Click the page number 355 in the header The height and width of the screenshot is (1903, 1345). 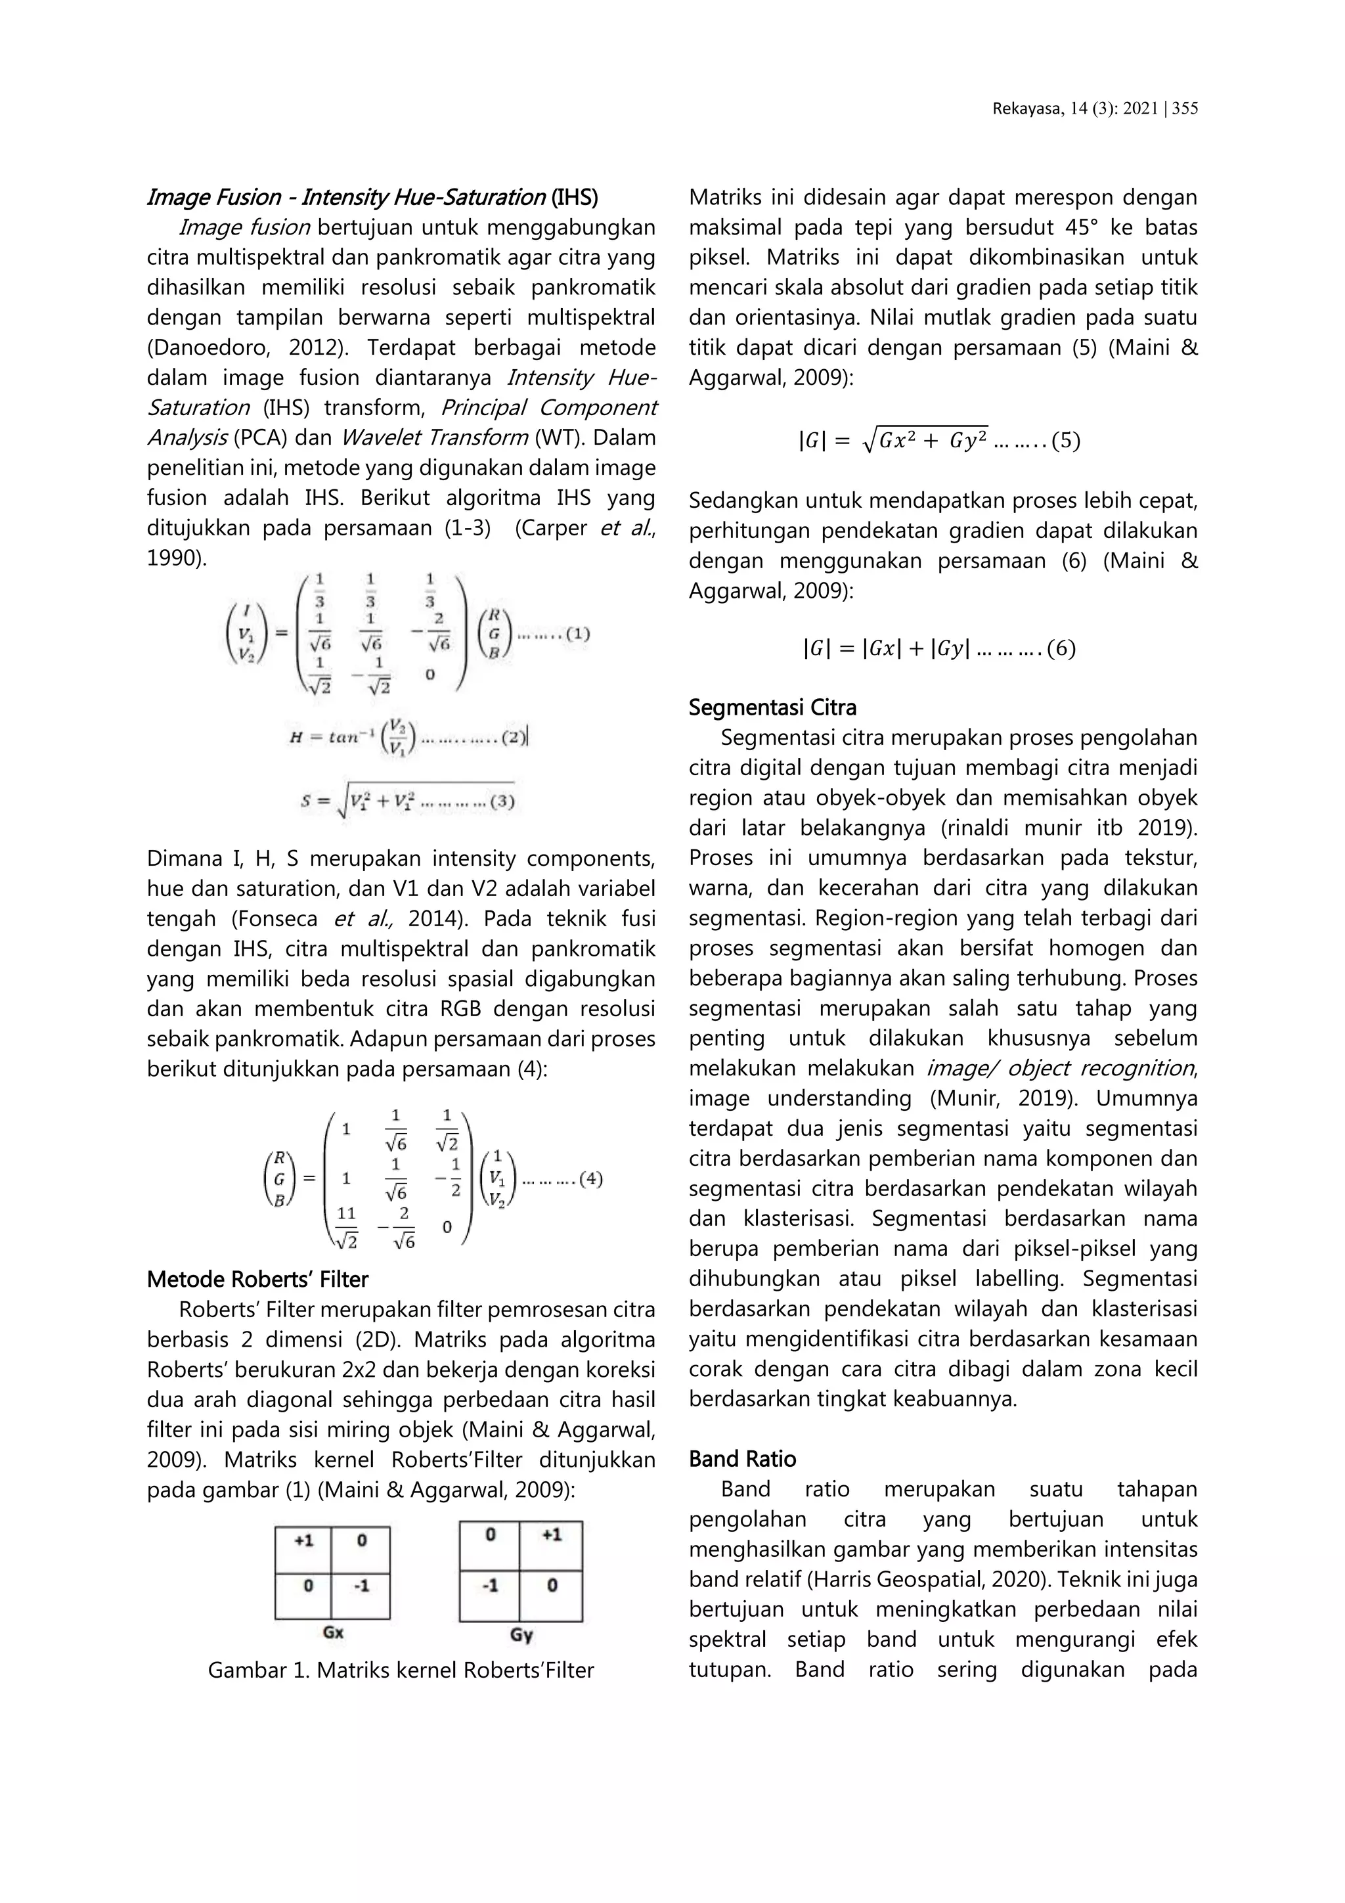coord(1185,108)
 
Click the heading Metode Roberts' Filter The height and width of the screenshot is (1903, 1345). coord(257,1280)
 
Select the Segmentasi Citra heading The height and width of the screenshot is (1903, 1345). coord(772,708)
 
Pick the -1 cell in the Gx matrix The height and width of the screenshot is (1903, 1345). coord(361,1586)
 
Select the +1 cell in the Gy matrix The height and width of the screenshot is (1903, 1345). coord(551,1535)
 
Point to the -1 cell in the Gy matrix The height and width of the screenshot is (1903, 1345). coord(490,1586)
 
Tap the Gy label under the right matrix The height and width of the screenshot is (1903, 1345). coord(521,1634)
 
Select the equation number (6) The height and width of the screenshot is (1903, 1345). coord(1061,648)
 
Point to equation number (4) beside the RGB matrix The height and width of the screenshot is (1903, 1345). coord(590,1178)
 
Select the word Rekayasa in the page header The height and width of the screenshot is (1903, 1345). coord(1021,108)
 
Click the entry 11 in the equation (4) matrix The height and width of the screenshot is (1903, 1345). coord(345,1214)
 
